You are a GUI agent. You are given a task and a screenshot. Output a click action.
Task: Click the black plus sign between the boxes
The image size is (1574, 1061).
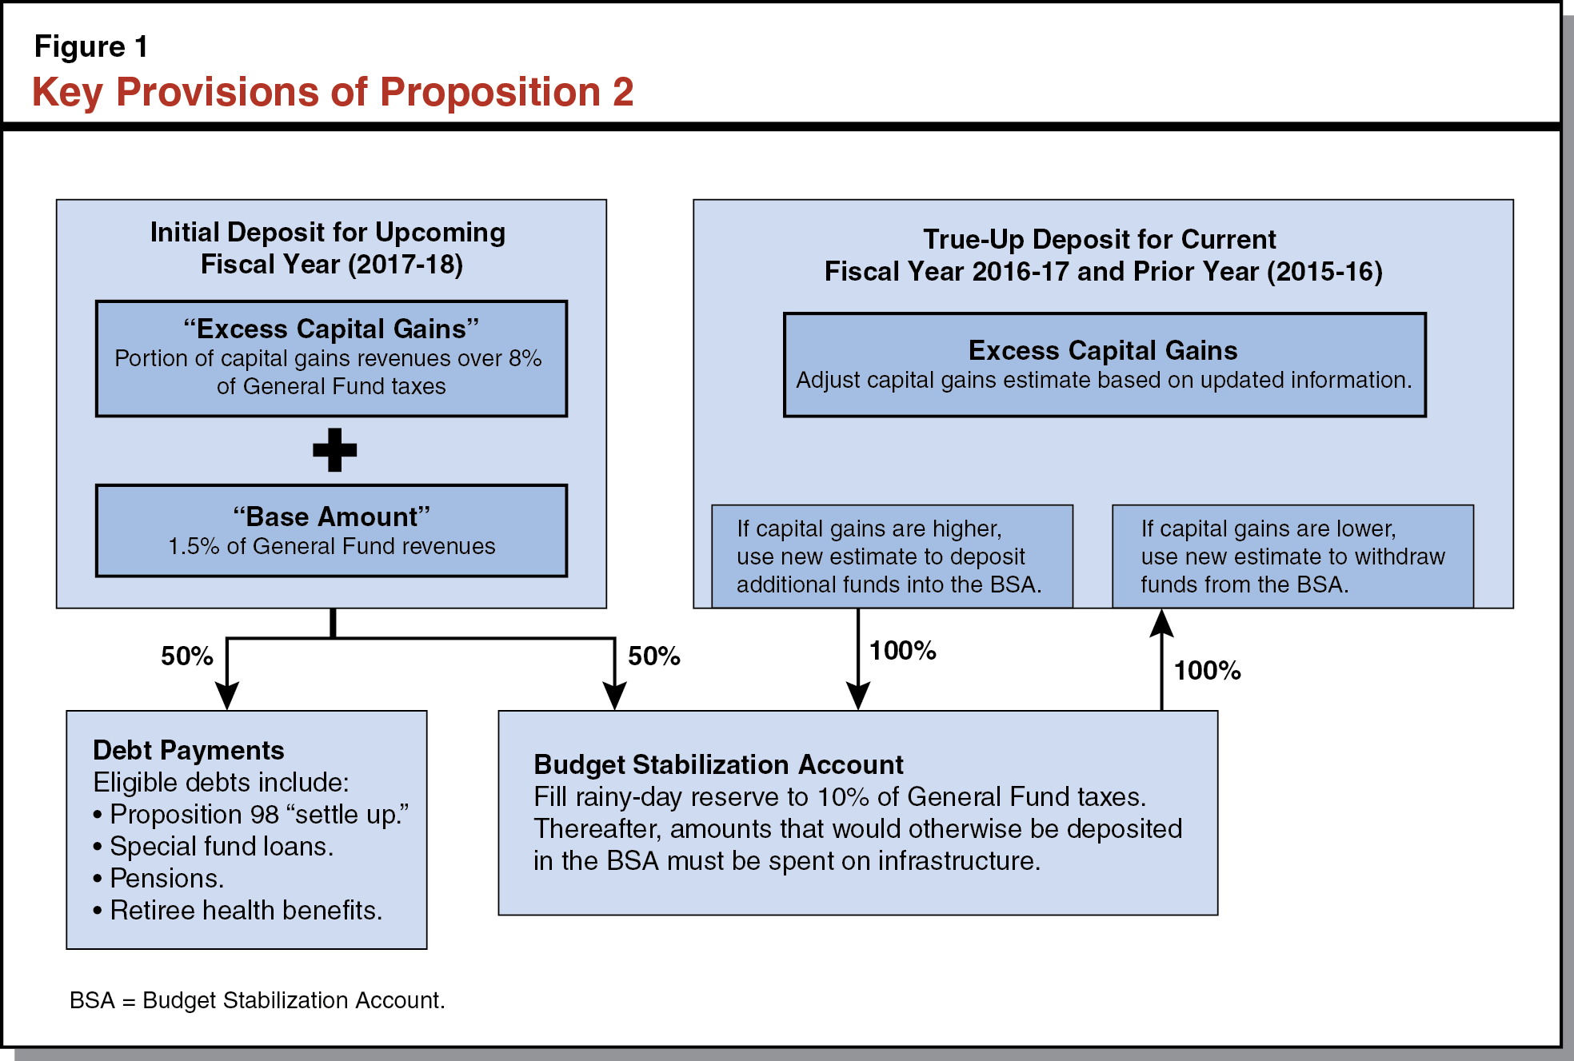[334, 450]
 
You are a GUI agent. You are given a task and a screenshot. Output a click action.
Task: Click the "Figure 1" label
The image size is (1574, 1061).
[90, 47]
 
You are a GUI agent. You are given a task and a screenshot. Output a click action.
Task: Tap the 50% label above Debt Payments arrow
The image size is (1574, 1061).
[186, 656]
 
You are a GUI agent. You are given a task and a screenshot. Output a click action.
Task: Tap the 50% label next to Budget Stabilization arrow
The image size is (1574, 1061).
[653, 656]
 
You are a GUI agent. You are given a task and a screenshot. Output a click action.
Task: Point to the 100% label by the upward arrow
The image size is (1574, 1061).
[1207, 671]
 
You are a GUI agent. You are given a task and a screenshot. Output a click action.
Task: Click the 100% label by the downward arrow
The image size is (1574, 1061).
[902, 651]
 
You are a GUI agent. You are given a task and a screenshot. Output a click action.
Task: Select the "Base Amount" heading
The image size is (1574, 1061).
[331, 517]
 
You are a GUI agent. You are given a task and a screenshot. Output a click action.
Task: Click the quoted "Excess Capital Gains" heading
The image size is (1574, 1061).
[331, 329]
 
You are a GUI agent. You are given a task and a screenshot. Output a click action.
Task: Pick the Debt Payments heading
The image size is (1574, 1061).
[189, 751]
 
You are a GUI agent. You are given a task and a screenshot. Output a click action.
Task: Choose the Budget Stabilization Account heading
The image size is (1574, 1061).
[718, 765]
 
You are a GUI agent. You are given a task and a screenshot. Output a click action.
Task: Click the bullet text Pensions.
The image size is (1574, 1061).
[166, 879]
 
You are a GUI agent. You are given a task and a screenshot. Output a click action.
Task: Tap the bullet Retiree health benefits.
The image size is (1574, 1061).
[246, 911]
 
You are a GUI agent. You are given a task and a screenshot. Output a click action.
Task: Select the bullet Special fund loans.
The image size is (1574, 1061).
[221, 847]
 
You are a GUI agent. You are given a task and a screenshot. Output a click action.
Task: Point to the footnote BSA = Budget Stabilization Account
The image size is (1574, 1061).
[257, 1000]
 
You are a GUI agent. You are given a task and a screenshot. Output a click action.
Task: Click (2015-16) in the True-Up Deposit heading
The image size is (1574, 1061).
[1324, 272]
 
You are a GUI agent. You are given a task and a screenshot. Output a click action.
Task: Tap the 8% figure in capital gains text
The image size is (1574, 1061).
[525, 359]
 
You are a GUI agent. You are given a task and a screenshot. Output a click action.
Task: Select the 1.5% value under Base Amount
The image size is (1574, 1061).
[194, 547]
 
